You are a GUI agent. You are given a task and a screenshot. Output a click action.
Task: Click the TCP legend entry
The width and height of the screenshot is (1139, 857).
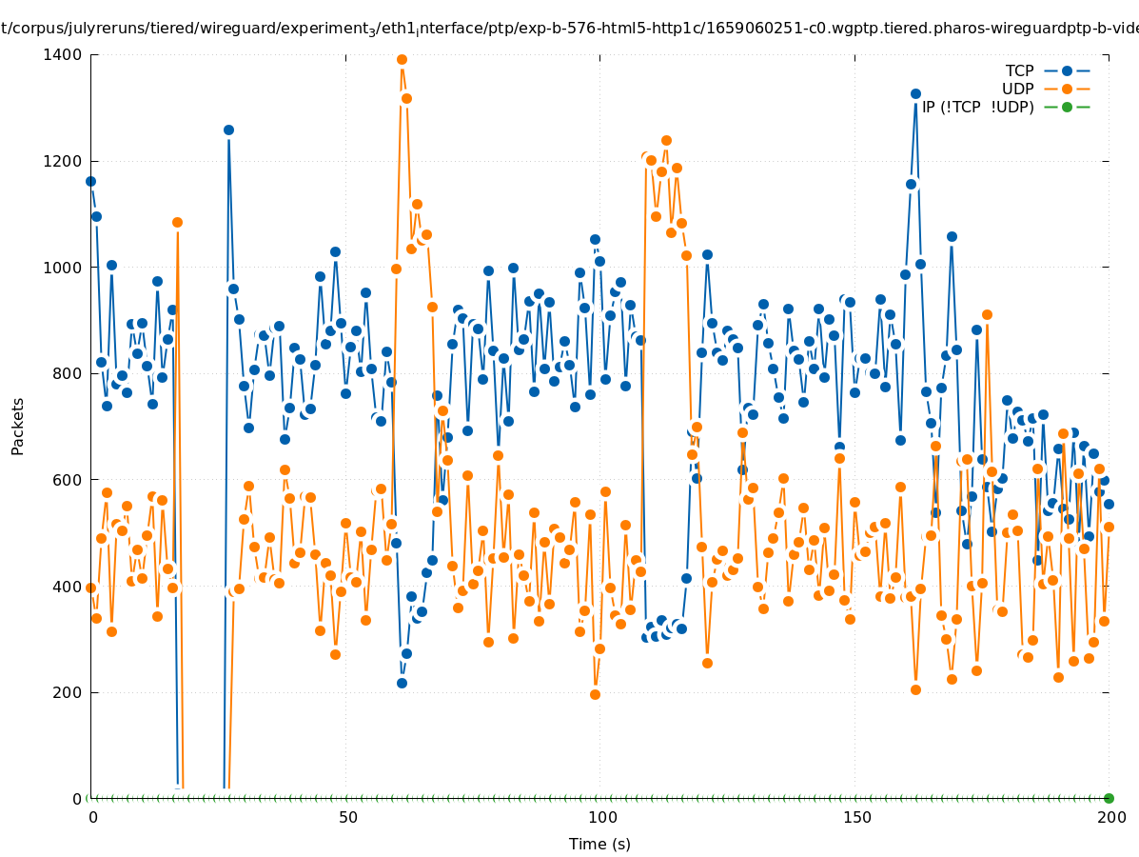click(1019, 70)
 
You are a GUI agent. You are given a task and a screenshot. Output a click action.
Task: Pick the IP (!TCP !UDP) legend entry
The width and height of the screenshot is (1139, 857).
click(977, 107)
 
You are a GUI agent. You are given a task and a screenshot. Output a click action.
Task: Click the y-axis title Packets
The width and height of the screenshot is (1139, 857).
click(18, 426)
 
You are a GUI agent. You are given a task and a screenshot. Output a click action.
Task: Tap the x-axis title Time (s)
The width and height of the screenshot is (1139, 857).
click(599, 844)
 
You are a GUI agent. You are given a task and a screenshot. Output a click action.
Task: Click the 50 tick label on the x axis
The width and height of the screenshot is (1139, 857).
click(347, 817)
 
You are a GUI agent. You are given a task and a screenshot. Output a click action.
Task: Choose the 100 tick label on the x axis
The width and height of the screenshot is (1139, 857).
click(601, 817)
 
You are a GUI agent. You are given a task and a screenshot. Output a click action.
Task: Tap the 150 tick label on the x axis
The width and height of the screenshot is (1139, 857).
click(855, 817)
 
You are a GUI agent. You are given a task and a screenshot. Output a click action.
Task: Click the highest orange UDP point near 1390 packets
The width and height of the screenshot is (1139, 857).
click(402, 59)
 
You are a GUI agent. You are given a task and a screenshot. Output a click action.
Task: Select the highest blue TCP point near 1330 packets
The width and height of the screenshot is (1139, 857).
click(915, 93)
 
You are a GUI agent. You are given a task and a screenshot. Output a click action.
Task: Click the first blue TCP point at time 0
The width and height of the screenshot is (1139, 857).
click(90, 181)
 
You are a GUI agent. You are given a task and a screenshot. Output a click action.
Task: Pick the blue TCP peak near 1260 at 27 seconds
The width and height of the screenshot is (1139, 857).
click(228, 130)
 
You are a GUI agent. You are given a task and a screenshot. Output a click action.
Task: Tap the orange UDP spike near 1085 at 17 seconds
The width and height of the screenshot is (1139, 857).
click(177, 222)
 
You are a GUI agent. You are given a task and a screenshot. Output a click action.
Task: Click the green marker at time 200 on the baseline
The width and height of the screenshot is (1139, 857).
click(1109, 798)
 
